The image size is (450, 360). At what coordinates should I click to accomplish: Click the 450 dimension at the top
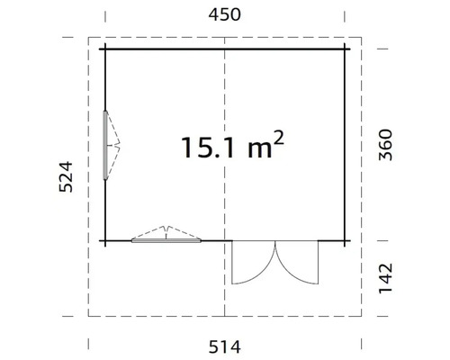(225, 14)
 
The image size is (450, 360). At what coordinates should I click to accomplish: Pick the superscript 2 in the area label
(281, 138)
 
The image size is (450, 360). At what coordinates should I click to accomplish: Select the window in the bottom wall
(166, 240)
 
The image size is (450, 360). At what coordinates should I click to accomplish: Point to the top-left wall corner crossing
(105, 47)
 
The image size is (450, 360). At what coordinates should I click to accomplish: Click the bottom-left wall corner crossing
(105, 240)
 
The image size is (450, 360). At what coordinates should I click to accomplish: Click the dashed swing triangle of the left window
(116, 145)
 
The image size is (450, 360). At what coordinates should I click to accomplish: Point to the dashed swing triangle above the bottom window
(166, 231)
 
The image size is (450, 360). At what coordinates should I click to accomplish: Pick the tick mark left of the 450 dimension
(105, 15)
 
